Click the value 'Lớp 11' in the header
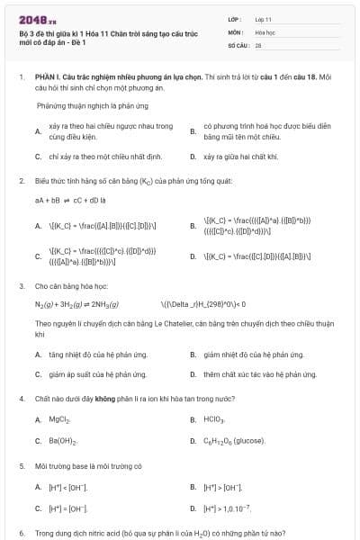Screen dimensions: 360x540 264,18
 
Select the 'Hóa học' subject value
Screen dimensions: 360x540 265,31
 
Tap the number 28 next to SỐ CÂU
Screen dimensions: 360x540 258,44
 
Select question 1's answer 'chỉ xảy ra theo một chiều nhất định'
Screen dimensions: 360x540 99,157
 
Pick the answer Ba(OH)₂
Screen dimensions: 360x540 62,441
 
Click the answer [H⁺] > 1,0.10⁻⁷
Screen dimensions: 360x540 229,508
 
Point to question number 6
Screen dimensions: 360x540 21,533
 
